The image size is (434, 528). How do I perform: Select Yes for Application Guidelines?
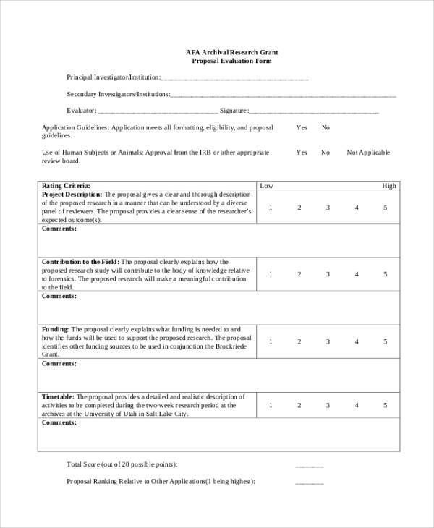pyautogui.click(x=301, y=127)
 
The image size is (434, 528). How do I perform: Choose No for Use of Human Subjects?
pyautogui.click(x=325, y=153)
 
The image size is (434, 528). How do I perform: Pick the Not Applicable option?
pyautogui.click(x=368, y=153)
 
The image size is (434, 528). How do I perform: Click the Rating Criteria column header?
pyautogui.click(x=67, y=186)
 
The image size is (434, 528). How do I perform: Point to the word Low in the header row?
pyautogui.click(x=266, y=186)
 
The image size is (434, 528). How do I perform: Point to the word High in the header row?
pyautogui.click(x=389, y=186)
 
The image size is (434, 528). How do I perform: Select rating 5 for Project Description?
pyautogui.click(x=386, y=208)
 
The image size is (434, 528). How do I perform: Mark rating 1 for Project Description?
pyautogui.click(x=271, y=208)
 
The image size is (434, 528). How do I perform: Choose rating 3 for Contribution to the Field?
pyautogui.click(x=328, y=274)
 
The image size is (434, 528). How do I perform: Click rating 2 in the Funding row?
pyautogui.click(x=299, y=341)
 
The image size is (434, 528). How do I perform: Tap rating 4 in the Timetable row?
pyautogui.click(x=357, y=406)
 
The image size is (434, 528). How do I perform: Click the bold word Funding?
pyautogui.click(x=55, y=328)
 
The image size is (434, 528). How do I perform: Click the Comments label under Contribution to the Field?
pyautogui.click(x=59, y=296)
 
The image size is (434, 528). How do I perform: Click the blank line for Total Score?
pyautogui.click(x=310, y=466)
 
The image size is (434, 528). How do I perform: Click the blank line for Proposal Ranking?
pyautogui.click(x=310, y=483)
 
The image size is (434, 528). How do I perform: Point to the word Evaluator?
pyautogui.click(x=80, y=111)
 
